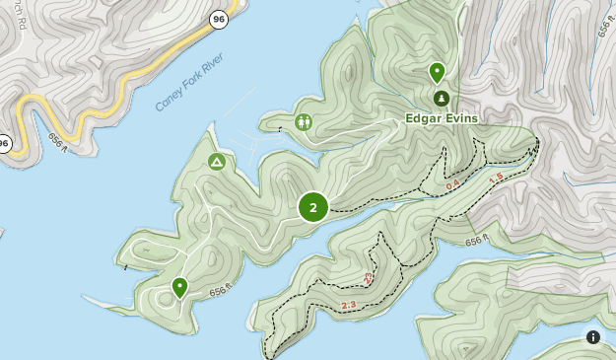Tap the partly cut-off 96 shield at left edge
pos(3,145)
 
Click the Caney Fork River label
pos(189,88)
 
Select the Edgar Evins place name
pos(442,118)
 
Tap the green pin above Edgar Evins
pos(437,72)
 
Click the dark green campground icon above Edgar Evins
pos(441,98)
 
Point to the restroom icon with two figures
pos(304,122)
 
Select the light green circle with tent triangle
pos(216,162)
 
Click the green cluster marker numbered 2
pos(313,207)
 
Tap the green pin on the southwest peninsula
pos(179,287)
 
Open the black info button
pos(593,337)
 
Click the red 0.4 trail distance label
pos(452,185)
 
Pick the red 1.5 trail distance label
pos(496,178)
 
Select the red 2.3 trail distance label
pos(348,306)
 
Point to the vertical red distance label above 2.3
pos(368,279)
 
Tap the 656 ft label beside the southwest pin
pos(222,290)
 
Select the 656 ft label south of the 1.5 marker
pos(476,241)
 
